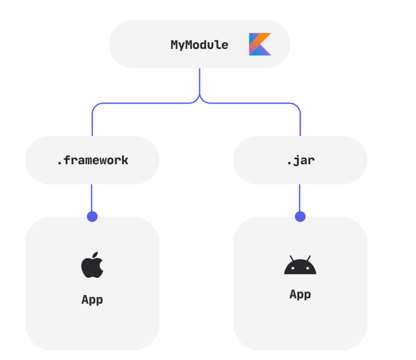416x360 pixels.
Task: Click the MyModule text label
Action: [x=199, y=45]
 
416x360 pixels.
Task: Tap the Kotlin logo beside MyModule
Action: [x=260, y=44]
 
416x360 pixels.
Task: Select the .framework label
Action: [x=92, y=160]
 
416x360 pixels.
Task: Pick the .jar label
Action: [x=300, y=160]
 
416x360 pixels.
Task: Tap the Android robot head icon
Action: [x=300, y=265]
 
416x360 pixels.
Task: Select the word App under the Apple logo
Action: [x=92, y=299]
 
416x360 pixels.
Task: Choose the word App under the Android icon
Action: [x=300, y=294]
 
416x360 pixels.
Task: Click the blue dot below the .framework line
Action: [x=92, y=217]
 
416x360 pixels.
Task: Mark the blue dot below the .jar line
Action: [x=300, y=217]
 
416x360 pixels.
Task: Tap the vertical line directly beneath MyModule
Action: [x=199, y=82]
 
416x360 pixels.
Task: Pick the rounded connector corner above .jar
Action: [x=297, y=106]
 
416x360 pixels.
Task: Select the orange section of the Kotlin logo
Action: [x=264, y=38]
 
